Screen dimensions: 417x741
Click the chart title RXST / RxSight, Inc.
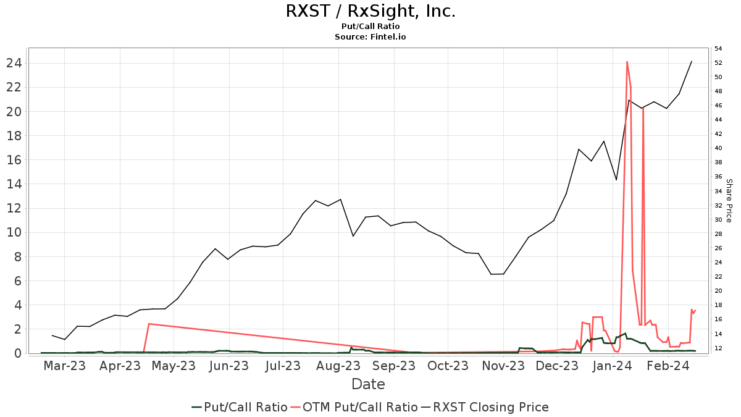371,11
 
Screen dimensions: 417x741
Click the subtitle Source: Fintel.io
371,37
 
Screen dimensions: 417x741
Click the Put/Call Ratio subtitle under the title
371,27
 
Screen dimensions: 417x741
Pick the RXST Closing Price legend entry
490,407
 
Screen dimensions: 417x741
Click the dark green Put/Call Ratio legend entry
245,407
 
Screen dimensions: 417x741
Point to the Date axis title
368,384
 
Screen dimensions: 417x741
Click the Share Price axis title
729,201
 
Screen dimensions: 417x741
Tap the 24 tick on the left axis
14,63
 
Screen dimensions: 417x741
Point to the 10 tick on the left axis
14,232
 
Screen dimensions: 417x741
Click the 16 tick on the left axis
14,160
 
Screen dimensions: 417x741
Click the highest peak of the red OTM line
627,62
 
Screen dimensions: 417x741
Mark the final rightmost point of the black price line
692,61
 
